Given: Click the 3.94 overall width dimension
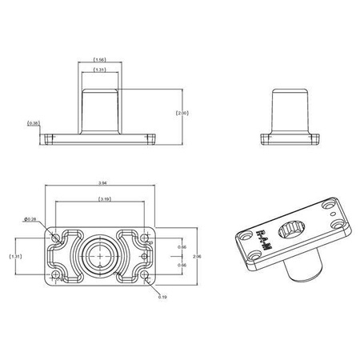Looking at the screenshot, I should tap(100, 184).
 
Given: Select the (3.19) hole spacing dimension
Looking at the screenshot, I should tap(100, 198).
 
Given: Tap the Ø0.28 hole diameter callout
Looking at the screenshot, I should tap(29, 219).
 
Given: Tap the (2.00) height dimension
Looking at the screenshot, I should tap(183, 113).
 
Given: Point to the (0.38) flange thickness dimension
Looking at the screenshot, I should tap(33, 123).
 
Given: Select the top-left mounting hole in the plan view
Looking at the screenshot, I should tap(56, 238).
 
